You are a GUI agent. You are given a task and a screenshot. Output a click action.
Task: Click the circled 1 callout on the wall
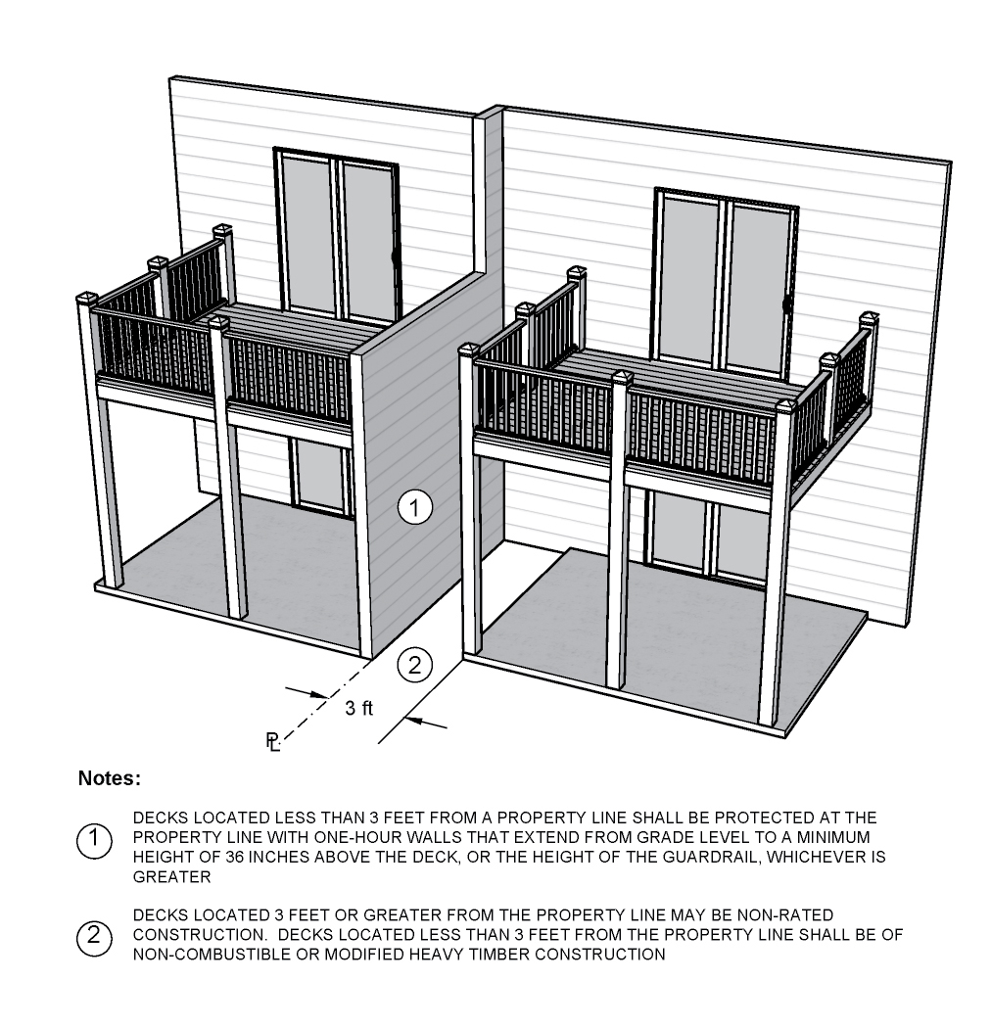point(414,507)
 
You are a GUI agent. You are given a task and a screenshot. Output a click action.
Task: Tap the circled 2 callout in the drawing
point(414,666)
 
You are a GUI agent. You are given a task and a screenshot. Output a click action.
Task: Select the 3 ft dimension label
point(358,708)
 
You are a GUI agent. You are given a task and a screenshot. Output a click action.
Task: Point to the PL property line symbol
point(273,741)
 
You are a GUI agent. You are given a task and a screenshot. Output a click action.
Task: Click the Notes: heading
point(110,778)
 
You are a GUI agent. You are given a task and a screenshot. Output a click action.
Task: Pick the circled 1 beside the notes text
point(94,839)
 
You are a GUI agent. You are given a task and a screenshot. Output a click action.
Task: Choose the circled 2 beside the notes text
point(94,936)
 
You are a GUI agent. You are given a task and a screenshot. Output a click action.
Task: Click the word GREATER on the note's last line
point(171,877)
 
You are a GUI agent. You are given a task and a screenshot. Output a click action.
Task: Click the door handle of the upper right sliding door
point(785,304)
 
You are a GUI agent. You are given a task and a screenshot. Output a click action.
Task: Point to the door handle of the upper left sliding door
point(395,257)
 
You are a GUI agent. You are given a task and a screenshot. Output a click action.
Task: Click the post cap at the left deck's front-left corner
point(86,299)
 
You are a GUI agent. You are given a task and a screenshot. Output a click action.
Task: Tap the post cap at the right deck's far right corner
point(869,318)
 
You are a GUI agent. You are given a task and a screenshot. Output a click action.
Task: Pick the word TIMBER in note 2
point(498,955)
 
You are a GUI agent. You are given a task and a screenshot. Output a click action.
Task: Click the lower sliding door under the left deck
point(319,476)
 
